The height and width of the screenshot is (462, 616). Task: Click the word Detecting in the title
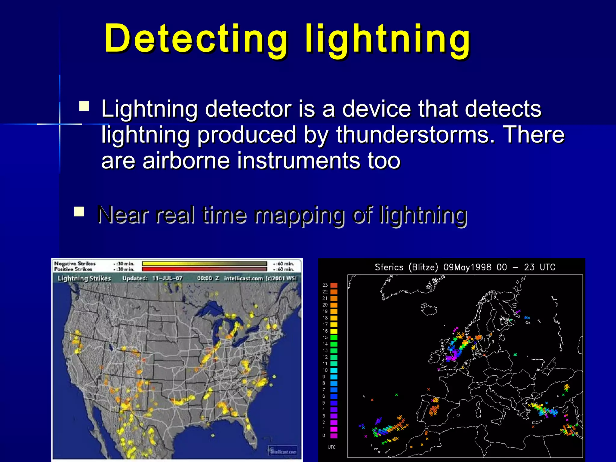tap(196, 39)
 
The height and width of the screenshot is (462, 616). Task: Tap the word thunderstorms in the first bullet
tap(415, 134)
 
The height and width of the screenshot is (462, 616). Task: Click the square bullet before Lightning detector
tap(84, 106)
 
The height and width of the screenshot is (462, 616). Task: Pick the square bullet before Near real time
tap(79, 211)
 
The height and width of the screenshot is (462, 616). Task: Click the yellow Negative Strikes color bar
tap(204, 264)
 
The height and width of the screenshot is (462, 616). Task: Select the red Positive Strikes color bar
tap(204, 269)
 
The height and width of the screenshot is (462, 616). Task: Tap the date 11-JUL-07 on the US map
tap(167, 278)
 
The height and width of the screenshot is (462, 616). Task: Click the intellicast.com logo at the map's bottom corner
tap(283, 451)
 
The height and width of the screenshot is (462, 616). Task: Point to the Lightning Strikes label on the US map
tap(84, 278)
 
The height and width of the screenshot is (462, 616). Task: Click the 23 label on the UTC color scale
tap(325, 285)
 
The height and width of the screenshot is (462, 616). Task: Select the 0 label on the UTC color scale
tap(324, 435)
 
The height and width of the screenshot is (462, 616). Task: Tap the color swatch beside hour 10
tap(334, 370)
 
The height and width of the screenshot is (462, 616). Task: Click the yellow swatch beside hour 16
tap(334, 331)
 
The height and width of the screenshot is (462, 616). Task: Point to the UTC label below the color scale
tap(331, 447)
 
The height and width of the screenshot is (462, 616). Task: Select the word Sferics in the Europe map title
tap(389, 267)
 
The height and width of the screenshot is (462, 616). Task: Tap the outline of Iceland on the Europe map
tap(429, 309)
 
